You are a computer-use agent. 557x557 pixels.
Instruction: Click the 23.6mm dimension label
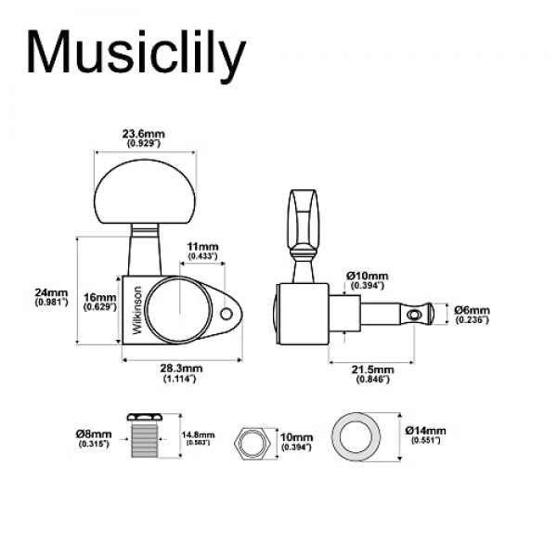(143, 135)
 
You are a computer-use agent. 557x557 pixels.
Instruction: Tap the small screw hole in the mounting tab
(228, 314)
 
